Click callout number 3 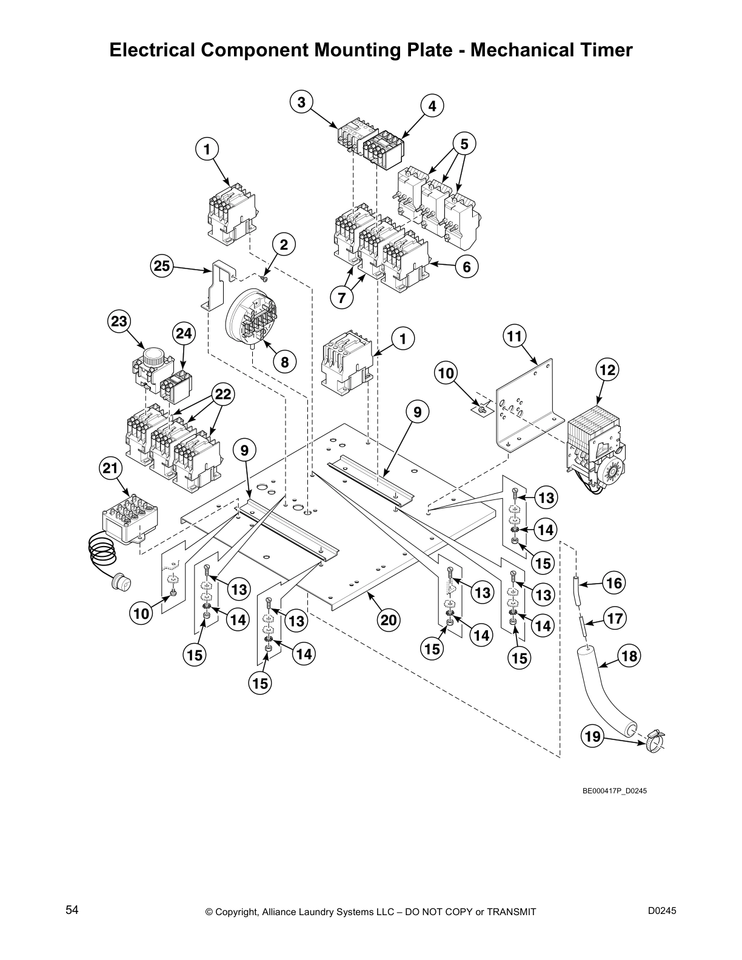click(x=301, y=102)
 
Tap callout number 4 click(x=432, y=106)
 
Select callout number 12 click(x=607, y=370)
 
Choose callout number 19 click(x=592, y=736)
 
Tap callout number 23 click(x=119, y=321)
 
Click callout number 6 click(x=466, y=266)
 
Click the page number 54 click(x=72, y=910)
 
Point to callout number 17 click(x=614, y=619)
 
